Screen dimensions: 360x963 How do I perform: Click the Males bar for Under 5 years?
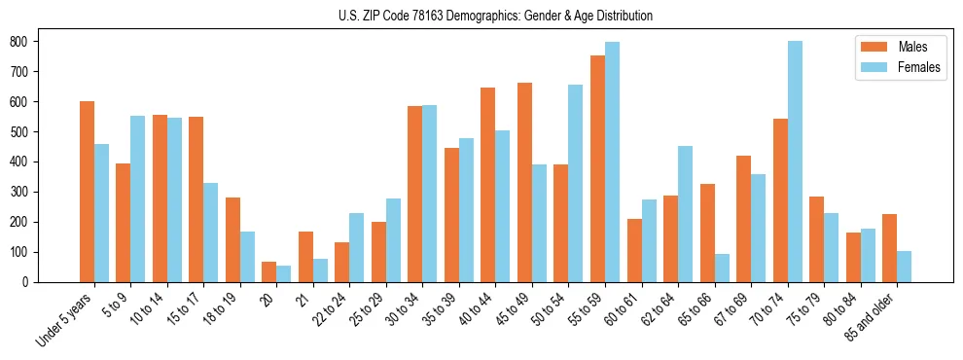pos(87,192)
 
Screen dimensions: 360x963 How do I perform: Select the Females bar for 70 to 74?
pos(795,162)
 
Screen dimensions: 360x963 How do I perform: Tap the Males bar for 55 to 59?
pos(597,168)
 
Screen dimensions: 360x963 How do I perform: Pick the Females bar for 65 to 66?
pos(722,268)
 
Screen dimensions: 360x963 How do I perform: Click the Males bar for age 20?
pos(269,271)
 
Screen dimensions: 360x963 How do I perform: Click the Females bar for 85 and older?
pos(904,267)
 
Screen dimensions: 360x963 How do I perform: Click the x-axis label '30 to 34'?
pos(404,309)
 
